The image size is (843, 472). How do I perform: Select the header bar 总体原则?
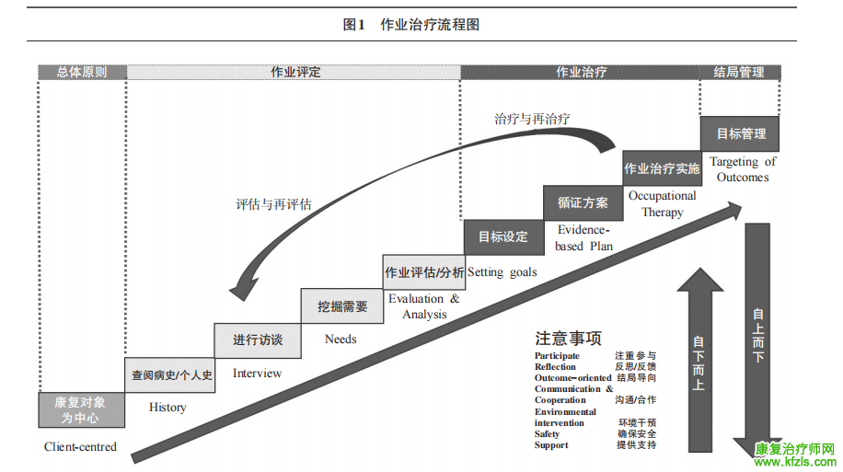pos(82,72)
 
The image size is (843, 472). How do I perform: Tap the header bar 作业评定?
pos(294,72)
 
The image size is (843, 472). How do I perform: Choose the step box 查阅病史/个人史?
pos(171,374)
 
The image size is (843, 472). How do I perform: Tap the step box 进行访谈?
pos(258,340)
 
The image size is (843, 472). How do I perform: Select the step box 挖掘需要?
pos(342,305)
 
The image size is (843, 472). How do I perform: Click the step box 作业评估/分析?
pos(424,271)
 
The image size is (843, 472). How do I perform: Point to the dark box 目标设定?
pos(502,236)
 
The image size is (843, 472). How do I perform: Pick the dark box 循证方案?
pos(583,202)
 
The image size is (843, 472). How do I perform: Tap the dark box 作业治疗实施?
pos(662,168)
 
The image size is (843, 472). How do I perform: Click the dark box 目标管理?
pos(740,133)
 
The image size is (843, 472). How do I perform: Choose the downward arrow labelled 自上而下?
pos(757,336)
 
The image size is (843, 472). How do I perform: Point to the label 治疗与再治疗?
pos(532,119)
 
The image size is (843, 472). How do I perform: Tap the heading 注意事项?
pos(568,338)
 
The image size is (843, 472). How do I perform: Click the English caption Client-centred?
pos(80,446)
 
